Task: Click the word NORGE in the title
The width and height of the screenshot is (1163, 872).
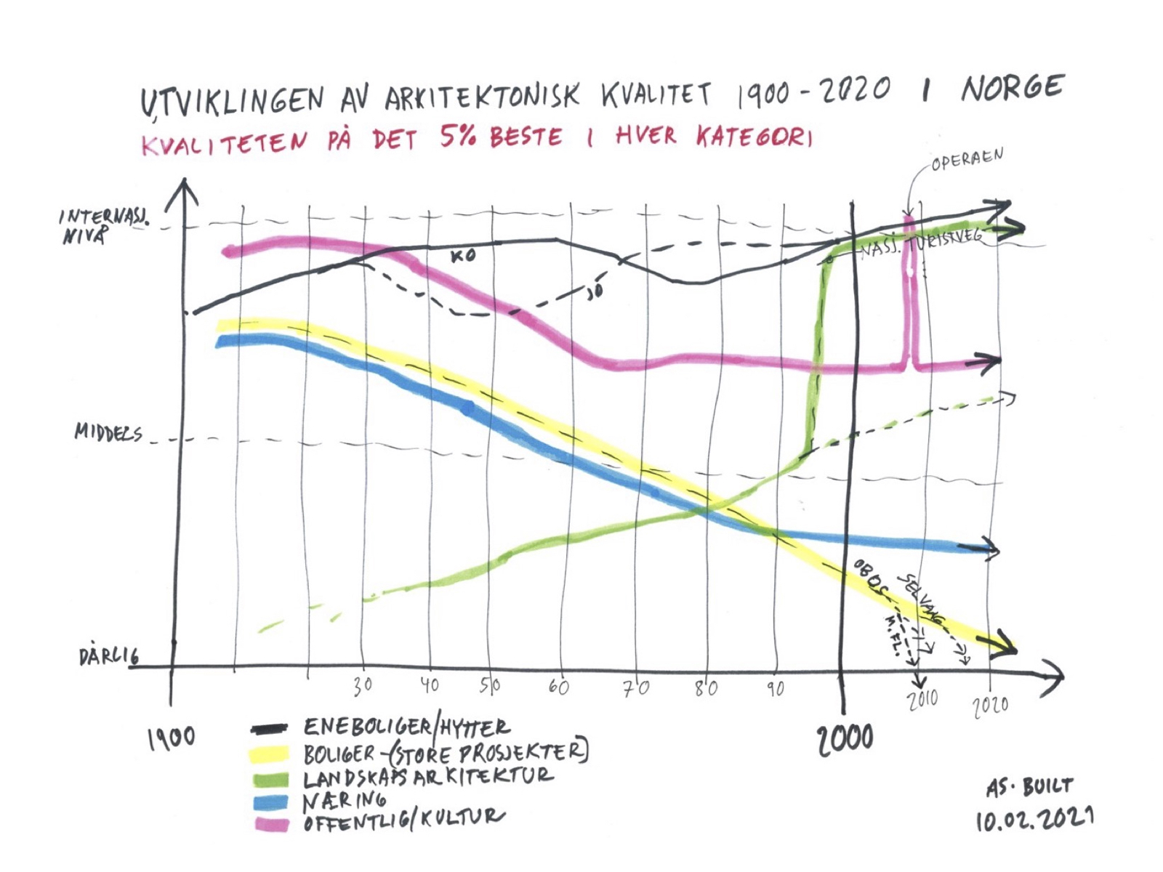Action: pos(1013,89)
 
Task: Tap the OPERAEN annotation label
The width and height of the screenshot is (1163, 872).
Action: pos(967,159)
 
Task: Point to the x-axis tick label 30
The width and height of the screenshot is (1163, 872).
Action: pos(363,685)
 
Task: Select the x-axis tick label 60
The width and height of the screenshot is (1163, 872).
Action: pos(558,686)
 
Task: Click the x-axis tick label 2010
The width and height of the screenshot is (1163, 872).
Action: pos(922,700)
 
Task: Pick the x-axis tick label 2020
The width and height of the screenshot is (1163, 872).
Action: pos(991,705)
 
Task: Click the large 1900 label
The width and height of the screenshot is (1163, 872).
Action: pos(172,739)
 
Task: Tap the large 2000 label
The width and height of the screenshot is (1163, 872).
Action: pos(845,739)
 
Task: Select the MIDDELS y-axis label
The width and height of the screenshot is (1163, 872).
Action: pos(108,433)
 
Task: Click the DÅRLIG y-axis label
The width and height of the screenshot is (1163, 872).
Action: pos(108,657)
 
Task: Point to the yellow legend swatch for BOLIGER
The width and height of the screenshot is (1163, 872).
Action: pos(268,754)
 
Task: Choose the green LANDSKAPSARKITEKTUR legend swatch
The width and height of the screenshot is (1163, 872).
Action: pos(270,780)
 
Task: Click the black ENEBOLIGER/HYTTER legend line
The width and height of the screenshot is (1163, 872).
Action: pos(269,729)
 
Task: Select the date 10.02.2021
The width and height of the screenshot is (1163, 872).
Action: pos(1034,819)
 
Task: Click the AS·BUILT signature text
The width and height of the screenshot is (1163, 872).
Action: pos(1029,787)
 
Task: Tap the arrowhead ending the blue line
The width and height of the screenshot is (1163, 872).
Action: pos(989,547)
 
